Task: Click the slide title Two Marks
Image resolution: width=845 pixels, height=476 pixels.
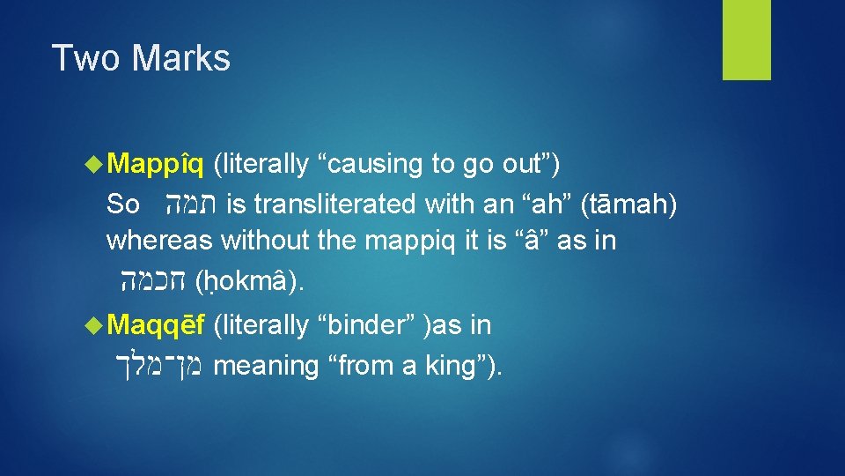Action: (141, 58)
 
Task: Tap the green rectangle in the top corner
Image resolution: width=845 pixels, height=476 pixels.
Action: (746, 40)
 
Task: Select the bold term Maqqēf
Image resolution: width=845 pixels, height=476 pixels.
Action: (157, 325)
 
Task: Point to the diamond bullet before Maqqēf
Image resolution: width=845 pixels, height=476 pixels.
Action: (96, 326)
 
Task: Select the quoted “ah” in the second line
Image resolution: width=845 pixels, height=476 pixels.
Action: (538, 205)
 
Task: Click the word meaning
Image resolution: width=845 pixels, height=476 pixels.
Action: (265, 365)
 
